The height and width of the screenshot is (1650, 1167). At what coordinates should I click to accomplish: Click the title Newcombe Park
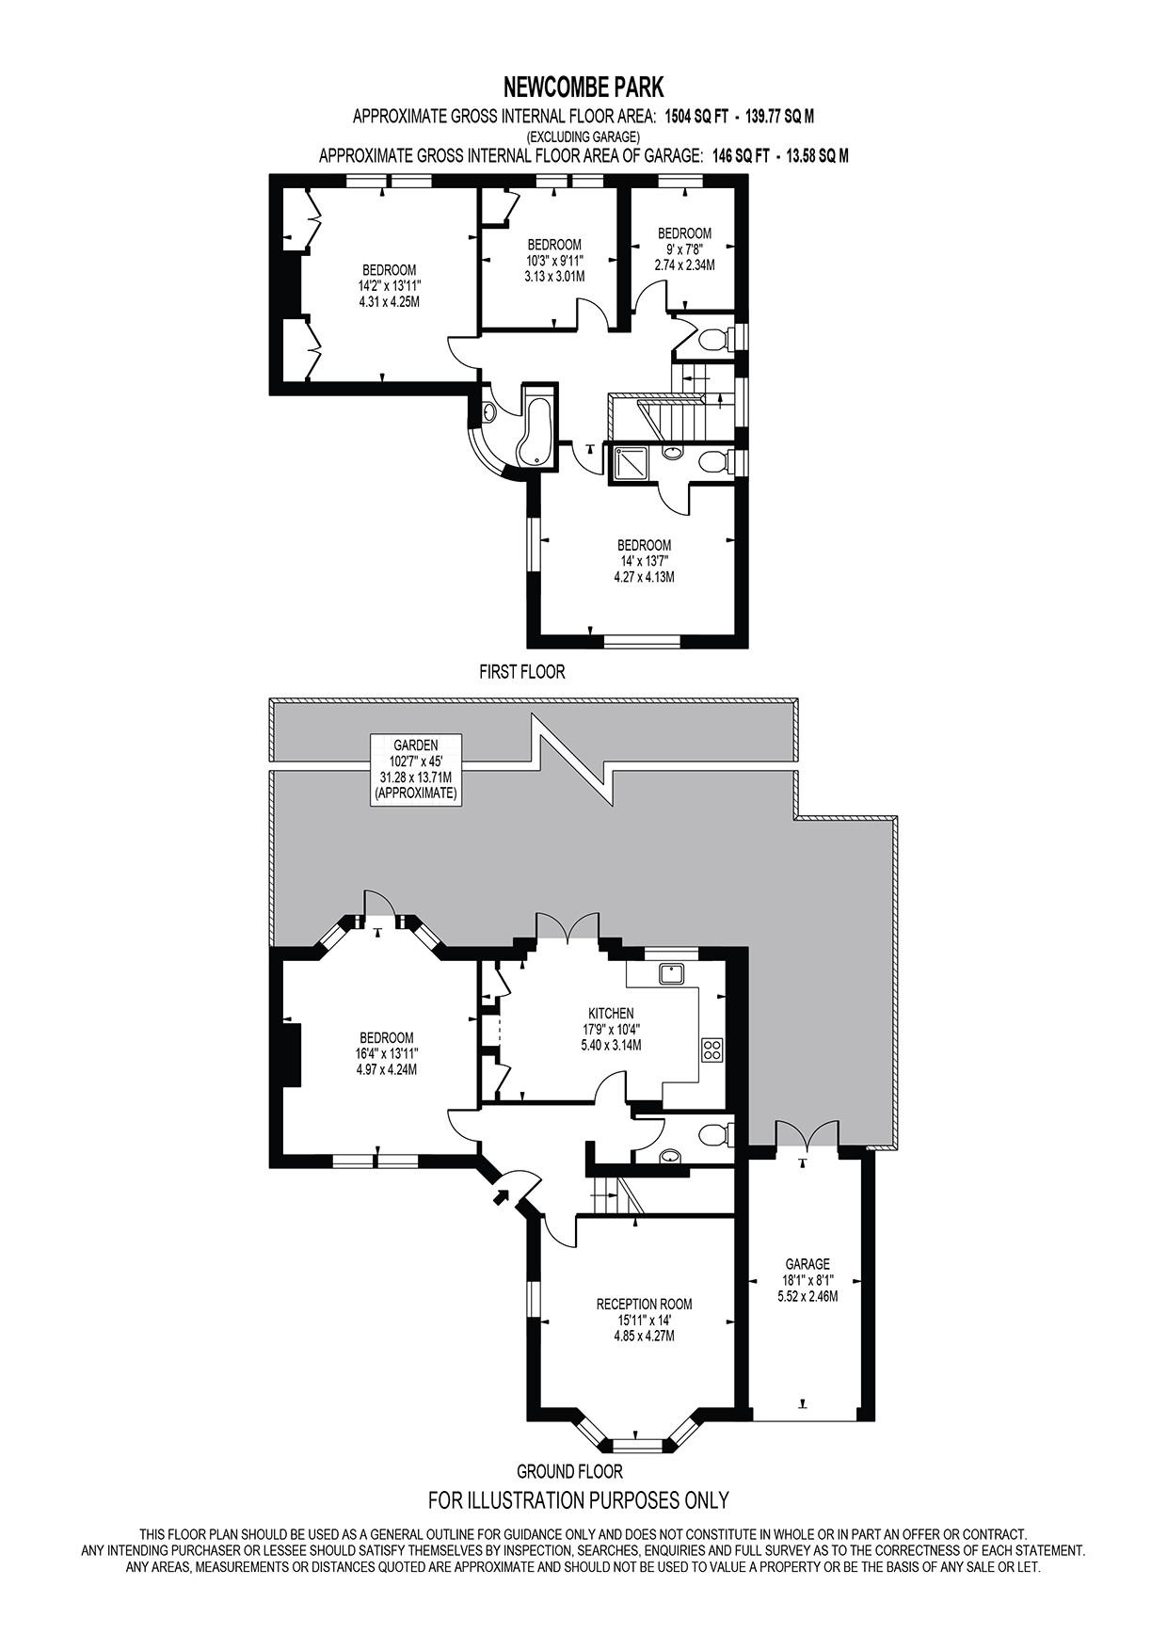point(583,88)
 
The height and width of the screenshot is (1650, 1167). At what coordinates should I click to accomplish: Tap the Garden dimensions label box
point(415,769)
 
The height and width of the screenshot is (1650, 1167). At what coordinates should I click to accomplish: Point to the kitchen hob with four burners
point(711,1049)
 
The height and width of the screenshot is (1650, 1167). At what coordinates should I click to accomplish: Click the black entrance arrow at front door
point(502,1196)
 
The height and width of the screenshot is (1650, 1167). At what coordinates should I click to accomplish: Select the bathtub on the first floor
point(539,431)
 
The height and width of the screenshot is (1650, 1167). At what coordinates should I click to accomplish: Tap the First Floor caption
point(522,672)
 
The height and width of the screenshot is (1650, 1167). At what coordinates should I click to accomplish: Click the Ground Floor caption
point(570,1471)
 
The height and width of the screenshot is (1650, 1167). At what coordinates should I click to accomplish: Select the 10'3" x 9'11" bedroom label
point(554,261)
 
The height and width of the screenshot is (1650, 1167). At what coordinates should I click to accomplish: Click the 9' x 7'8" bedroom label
point(684,249)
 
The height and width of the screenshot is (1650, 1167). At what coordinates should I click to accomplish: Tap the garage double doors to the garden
point(806,1133)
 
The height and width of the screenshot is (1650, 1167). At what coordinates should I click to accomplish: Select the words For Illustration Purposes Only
point(579,1499)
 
